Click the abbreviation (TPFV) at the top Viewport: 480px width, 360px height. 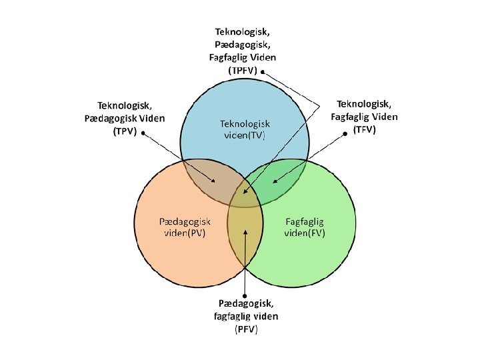pos(243,70)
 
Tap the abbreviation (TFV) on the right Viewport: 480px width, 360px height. pos(364,129)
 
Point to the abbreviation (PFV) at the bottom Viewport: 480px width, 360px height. pos(246,329)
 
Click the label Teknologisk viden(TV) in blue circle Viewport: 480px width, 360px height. pos(245,129)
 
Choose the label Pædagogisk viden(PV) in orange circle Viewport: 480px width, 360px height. pos(185,227)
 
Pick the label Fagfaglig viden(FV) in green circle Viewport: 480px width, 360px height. pos(305,227)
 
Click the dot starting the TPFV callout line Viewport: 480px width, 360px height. pos(263,71)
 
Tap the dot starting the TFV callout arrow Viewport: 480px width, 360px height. pos(346,134)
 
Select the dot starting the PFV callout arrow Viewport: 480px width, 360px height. pos(245,296)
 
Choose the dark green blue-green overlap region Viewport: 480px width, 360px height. pos(279,179)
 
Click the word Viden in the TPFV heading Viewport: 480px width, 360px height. pos(262,57)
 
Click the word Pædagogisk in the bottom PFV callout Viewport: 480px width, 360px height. pos(246,304)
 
